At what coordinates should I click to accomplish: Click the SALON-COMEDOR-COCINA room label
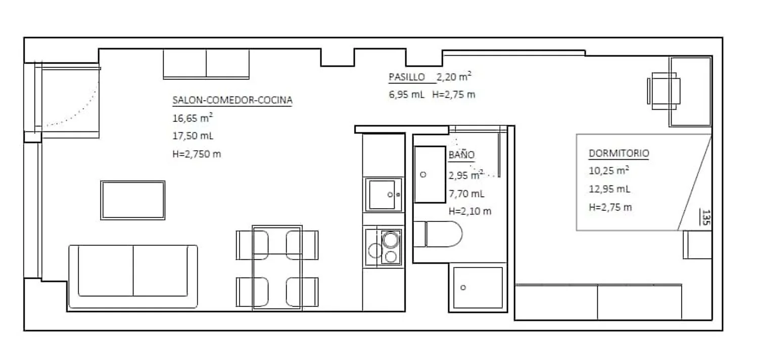[x=232, y=100]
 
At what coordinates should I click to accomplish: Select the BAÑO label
[x=461, y=154]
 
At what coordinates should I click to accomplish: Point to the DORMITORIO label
[x=619, y=153]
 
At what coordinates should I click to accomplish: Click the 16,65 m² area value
[x=193, y=117]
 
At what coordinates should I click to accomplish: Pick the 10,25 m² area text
[x=609, y=170]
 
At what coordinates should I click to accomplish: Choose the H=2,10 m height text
[x=469, y=211]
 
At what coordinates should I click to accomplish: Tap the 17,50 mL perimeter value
[x=193, y=136]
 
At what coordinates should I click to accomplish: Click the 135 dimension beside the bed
[x=706, y=217]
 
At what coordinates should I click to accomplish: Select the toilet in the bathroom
[x=438, y=234]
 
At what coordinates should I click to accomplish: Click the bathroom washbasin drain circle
[x=423, y=175]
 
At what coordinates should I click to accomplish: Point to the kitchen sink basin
[x=382, y=195]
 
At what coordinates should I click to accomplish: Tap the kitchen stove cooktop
[x=384, y=247]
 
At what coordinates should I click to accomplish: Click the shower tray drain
[x=463, y=288]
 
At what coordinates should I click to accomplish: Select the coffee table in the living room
[x=132, y=200]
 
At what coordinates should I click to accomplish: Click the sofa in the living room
[x=133, y=277]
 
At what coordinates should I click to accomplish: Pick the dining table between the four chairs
[x=277, y=267]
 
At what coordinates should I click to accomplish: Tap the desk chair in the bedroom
[x=664, y=91]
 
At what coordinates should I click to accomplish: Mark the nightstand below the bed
[x=697, y=245]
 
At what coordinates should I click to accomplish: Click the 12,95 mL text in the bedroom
[x=609, y=189]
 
